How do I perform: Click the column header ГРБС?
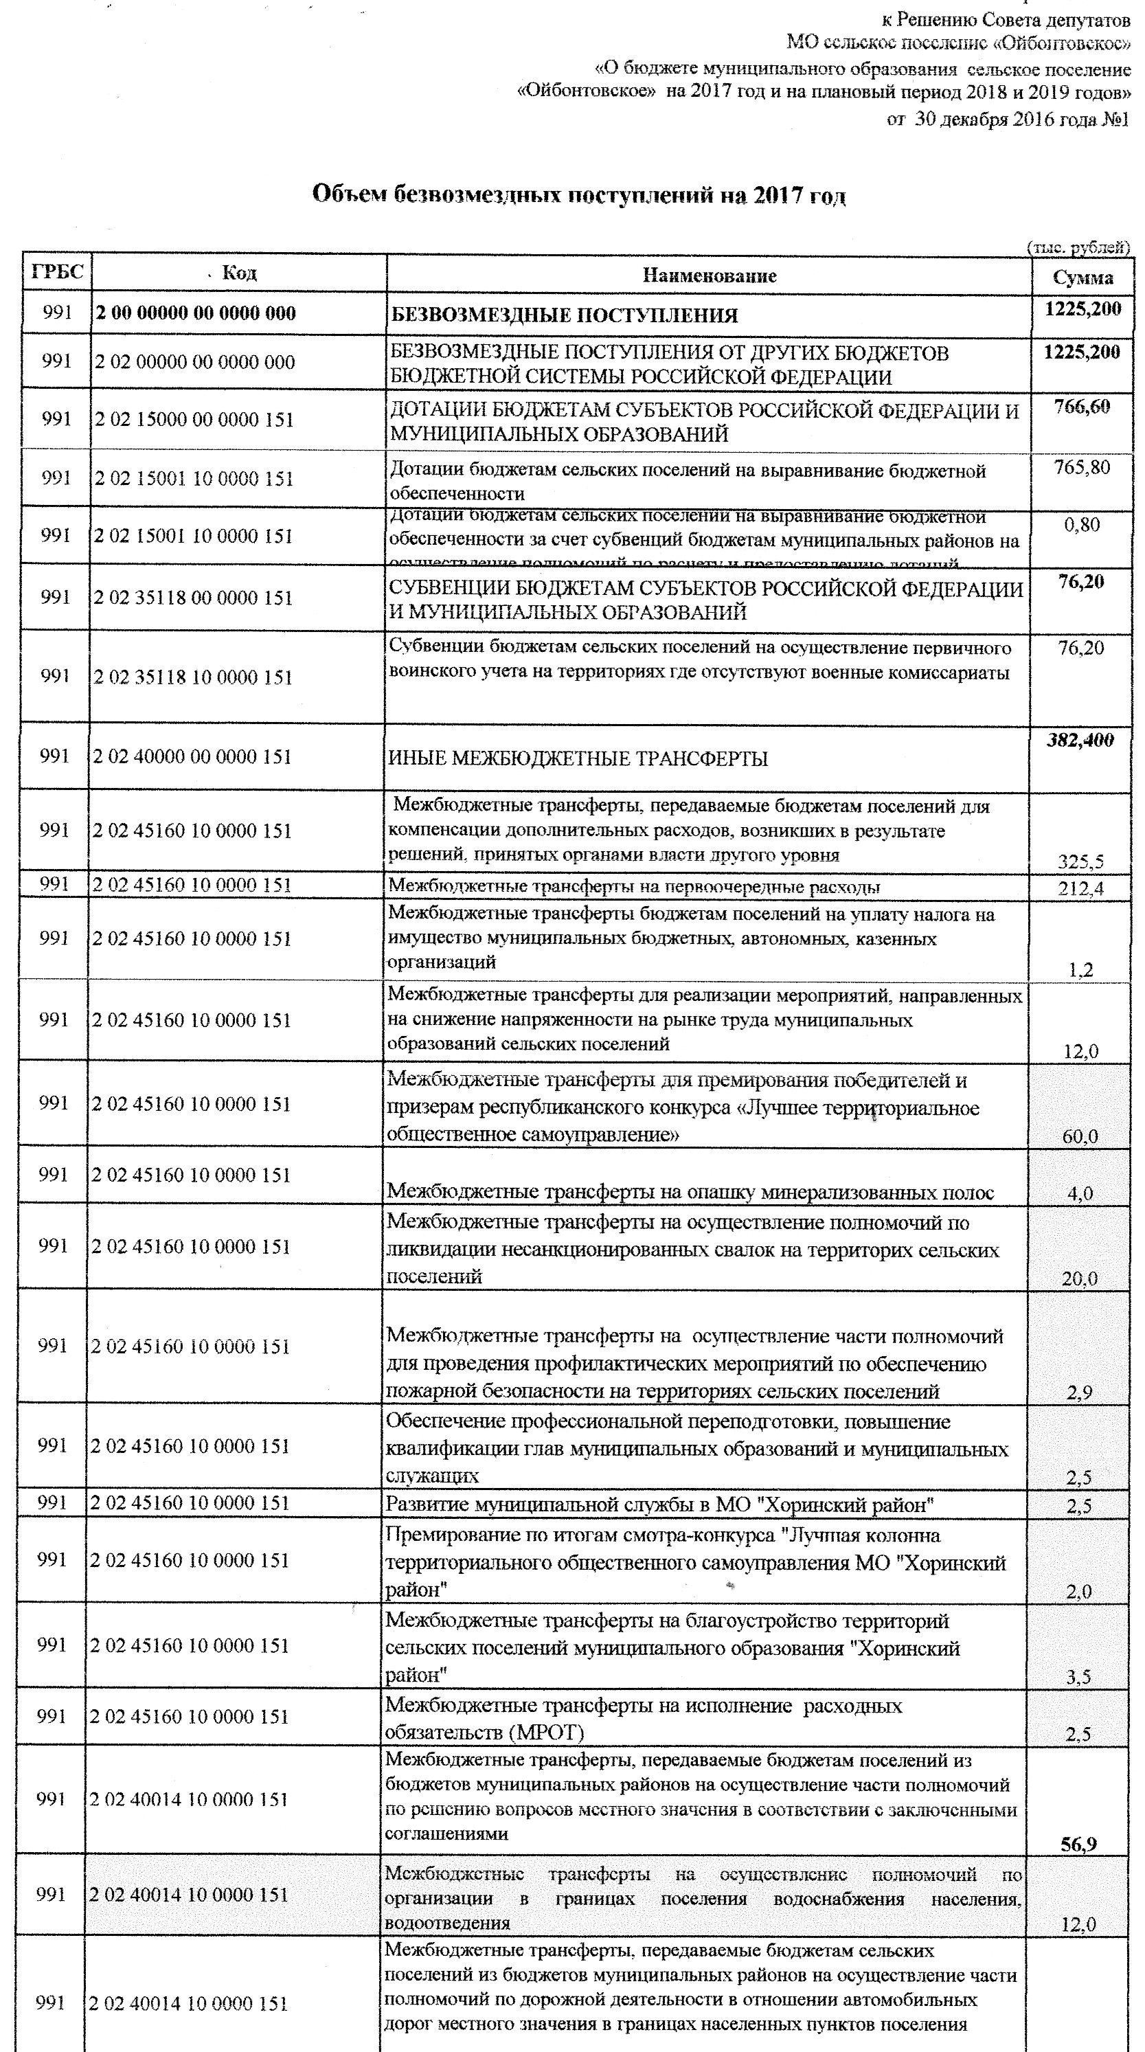click(57, 273)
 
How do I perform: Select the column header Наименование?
click(709, 275)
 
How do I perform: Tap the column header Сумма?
click(1083, 278)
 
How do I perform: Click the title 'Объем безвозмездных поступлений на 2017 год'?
click(578, 195)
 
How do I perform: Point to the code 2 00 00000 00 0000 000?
click(195, 313)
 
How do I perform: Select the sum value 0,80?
click(1081, 525)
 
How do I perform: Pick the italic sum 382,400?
click(1080, 740)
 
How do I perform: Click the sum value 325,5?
click(1080, 861)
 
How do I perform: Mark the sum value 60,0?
click(1080, 1137)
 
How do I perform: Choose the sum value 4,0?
click(1080, 1193)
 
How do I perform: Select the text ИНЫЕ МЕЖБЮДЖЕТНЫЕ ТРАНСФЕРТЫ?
click(578, 758)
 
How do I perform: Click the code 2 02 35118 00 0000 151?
click(194, 598)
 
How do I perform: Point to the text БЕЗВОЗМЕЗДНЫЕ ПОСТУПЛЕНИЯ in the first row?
click(564, 316)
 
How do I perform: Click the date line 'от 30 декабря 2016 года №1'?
click(1007, 120)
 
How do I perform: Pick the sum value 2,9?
click(1080, 1393)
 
